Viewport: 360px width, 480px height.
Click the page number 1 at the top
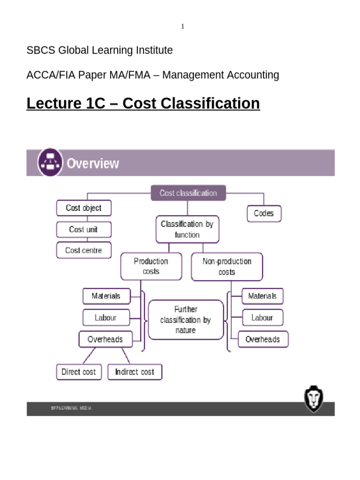pos(183,26)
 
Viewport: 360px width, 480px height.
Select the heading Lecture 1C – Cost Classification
pos(143,103)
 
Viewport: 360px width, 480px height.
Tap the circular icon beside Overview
pos(50,163)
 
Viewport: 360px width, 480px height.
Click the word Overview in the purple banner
pos(93,164)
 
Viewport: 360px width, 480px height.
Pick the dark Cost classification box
pos(188,193)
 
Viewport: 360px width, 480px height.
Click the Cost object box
pos(83,208)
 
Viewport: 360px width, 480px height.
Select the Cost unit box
pos(83,229)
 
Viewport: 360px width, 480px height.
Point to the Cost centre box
pos(83,250)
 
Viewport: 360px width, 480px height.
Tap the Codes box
pos(264,213)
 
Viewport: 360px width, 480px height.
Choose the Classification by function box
pos(187,229)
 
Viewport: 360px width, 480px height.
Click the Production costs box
pos(151,266)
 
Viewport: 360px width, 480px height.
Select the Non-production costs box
pos(227,266)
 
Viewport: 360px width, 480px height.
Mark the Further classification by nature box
pos(186,320)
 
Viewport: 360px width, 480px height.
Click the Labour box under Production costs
pos(105,317)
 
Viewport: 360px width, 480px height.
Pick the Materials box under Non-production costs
pos(262,296)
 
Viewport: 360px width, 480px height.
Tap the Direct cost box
pos(79,372)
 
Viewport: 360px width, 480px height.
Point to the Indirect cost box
pos(135,372)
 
